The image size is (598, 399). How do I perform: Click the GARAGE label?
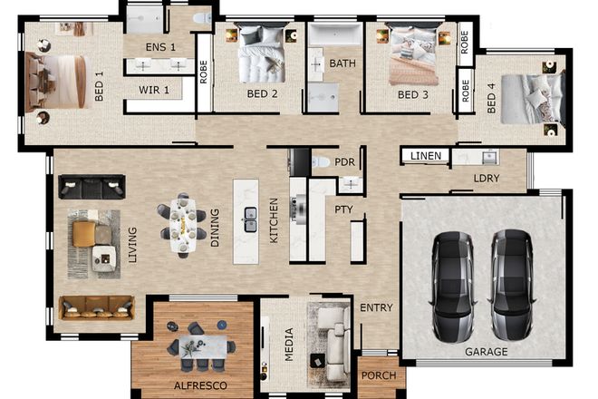[x=486, y=351]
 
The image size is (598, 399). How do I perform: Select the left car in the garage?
[x=451, y=284]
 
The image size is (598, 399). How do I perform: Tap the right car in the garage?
[x=512, y=284]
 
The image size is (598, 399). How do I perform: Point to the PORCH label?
[x=379, y=375]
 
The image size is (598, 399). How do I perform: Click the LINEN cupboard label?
[x=426, y=156]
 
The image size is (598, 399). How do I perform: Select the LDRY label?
[x=487, y=178]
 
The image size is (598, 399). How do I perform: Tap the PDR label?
[x=344, y=161]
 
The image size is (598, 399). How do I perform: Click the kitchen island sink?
[x=248, y=216]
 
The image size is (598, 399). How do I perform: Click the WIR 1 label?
[x=156, y=90]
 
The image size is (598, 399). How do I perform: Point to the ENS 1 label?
[x=161, y=45]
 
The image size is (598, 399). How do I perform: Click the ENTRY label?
[x=376, y=308]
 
